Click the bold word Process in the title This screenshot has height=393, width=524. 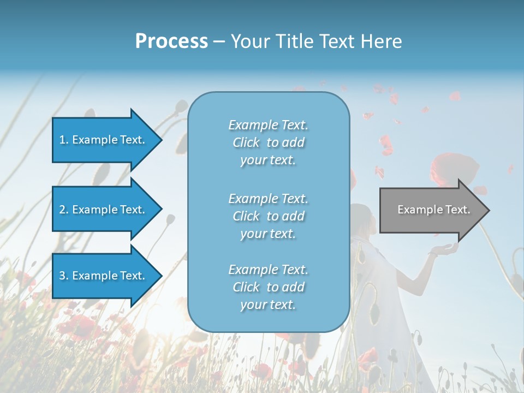click(171, 41)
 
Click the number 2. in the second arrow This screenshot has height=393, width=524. click(64, 210)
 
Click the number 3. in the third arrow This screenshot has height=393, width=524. click(64, 276)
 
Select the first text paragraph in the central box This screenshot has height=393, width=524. click(268, 142)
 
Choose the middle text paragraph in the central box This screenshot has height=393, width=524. click(268, 216)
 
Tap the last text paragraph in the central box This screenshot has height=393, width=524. click(268, 287)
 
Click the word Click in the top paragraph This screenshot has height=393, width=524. click(246, 142)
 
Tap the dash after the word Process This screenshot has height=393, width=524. click(218, 41)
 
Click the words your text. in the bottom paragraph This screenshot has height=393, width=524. click(268, 305)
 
